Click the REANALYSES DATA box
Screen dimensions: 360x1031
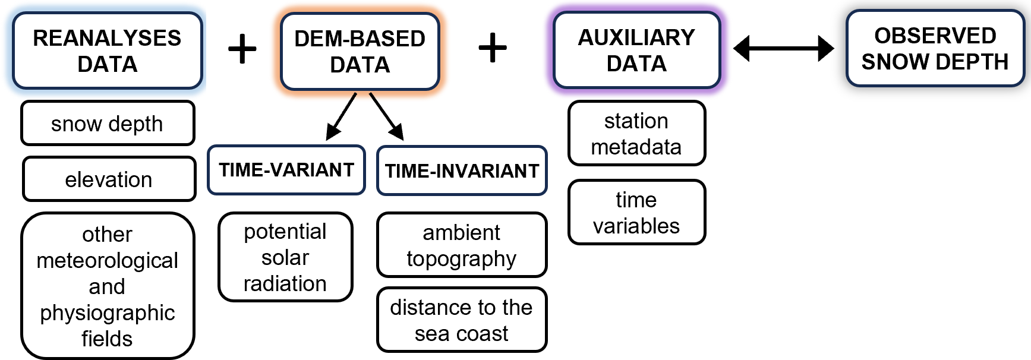coord(108,51)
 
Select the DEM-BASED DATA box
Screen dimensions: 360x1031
coord(360,52)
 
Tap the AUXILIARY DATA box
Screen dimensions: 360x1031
coord(636,50)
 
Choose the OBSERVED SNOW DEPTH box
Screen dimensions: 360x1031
coord(935,49)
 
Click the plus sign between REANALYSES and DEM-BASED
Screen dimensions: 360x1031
coord(242,49)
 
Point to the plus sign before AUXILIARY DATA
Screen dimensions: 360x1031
coord(493,48)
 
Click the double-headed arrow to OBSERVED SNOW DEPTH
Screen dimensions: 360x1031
coord(784,48)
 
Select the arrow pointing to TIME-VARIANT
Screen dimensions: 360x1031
coord(341,116)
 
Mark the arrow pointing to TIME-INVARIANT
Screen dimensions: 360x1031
coord(387,116)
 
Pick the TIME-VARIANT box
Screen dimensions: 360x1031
coord(286,170)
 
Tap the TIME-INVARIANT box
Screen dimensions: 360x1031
coord(462,171)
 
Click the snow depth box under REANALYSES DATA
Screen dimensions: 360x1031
coord(108,124)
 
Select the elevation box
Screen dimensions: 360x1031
coord(109,179)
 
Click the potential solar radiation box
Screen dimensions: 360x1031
coord(285,257)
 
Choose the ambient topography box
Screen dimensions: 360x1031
coord(462,245)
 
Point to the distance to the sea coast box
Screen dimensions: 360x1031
coord(462,320)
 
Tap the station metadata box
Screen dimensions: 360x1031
coord(636,134)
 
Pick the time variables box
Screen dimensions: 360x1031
coord(636,213)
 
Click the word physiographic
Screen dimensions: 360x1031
coord(108,312)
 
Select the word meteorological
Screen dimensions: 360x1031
coord(108,260)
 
